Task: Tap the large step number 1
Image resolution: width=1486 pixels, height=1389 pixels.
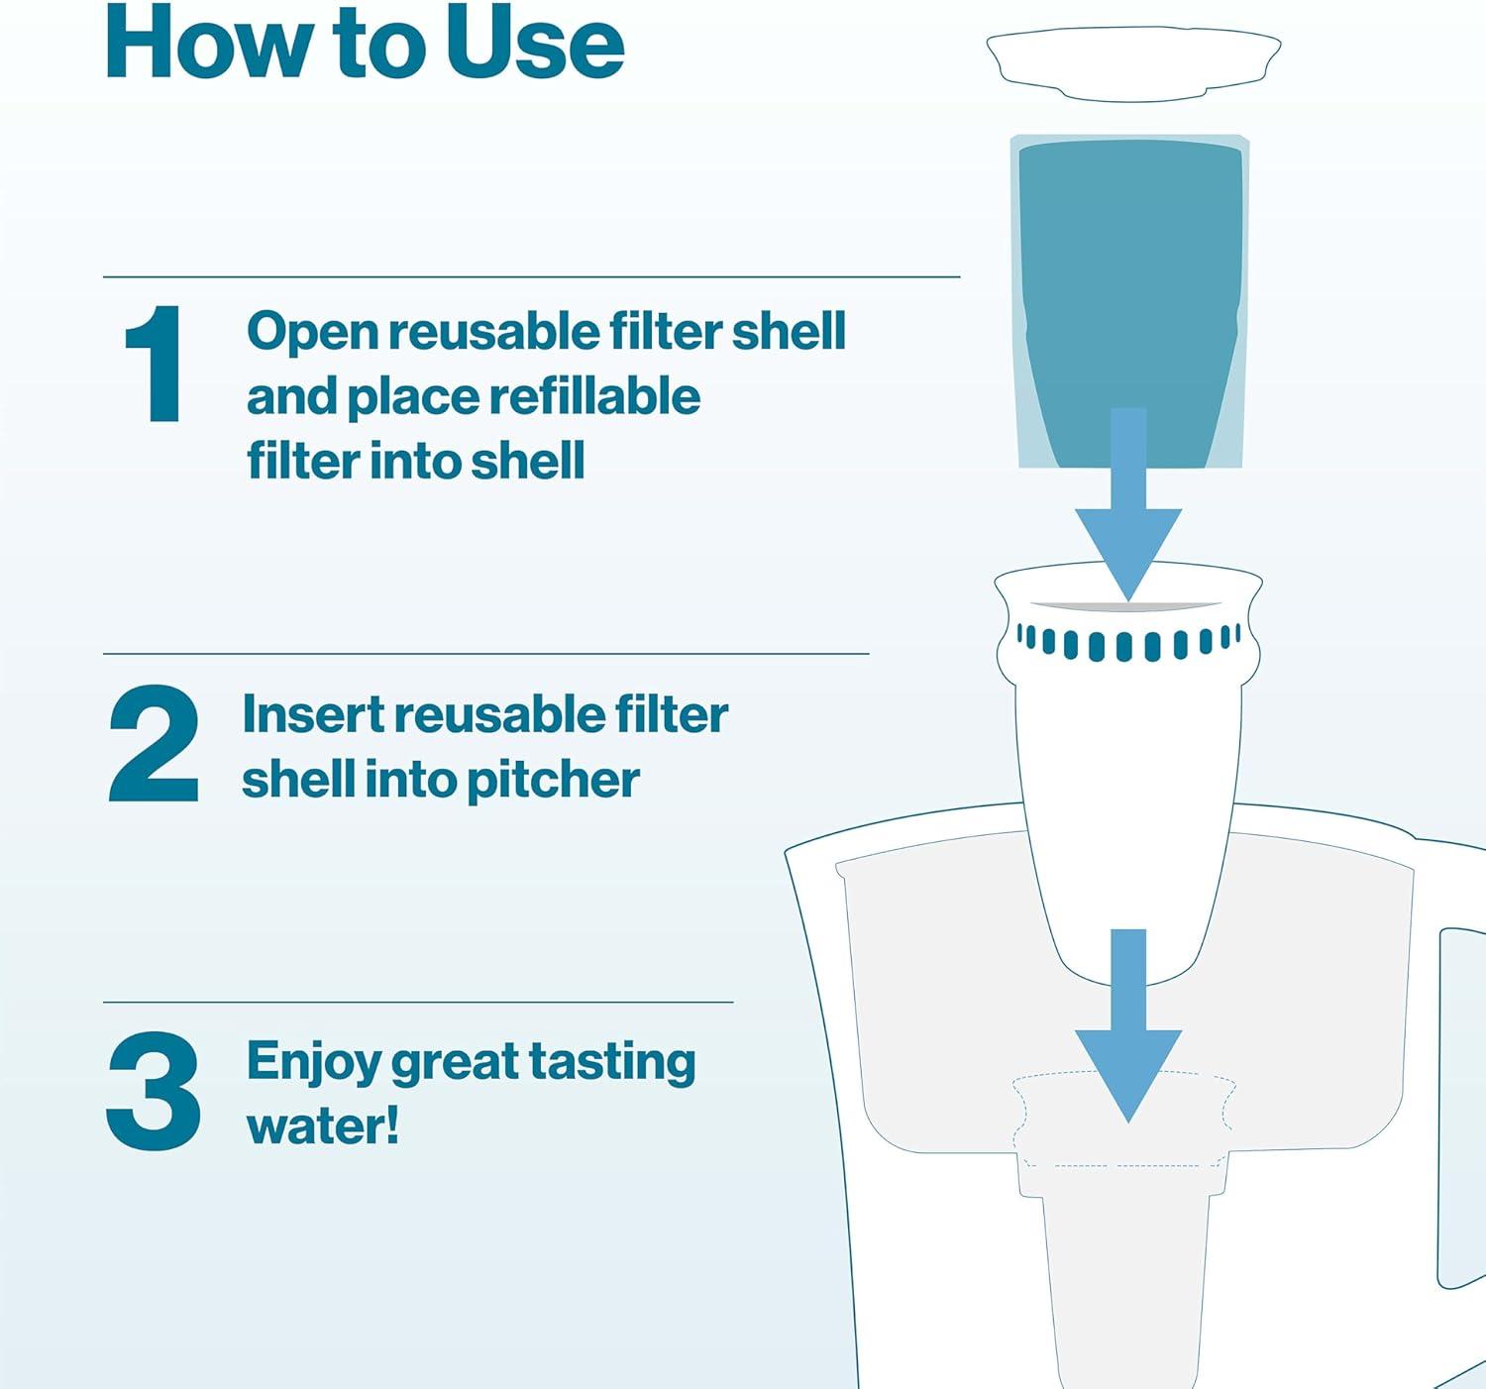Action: click(x=156, y=365)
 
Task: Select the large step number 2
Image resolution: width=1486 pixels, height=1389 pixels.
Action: click(x=154, y=744)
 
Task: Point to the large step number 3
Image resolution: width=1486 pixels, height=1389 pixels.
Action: click(x=154, y=1092)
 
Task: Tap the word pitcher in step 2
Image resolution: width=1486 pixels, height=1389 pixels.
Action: click(x=553, y=780)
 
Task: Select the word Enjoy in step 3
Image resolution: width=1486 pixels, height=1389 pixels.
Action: click(x=313, y=1063)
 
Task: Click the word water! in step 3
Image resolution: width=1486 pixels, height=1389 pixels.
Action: click(x=323, y=1126)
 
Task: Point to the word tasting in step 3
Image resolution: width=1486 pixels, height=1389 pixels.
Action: click(x=611, y=1063)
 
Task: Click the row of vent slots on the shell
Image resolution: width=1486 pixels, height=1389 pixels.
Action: click(x=1128, y=642)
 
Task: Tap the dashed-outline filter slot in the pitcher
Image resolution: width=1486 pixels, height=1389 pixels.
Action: click(x=1123, y=1120)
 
